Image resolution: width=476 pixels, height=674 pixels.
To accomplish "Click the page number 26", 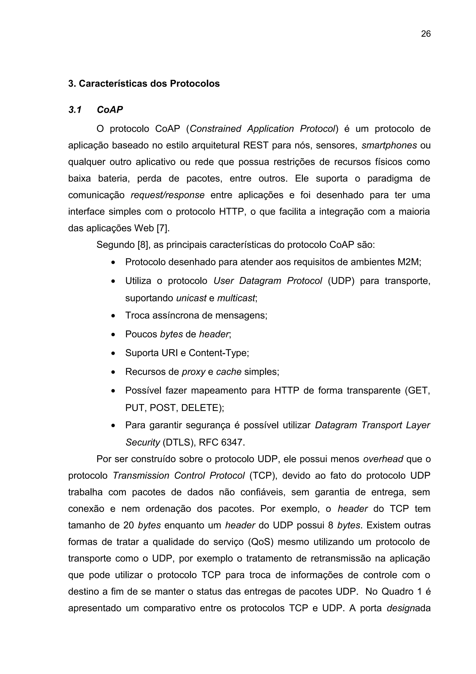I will pyautogui.click(x=426, y=34).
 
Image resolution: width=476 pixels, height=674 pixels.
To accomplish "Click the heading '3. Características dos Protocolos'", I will pyautogui.click(x=144, y=84).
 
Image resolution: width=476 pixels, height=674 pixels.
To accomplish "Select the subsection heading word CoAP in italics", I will pyautogui.click(x=110, y=110).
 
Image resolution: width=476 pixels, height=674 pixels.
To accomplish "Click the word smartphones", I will pyautogui.click(x=389, y=145).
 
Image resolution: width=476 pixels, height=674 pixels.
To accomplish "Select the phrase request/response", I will pyautogui.click(x=168, y=195).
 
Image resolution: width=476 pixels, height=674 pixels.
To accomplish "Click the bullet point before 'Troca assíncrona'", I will pyautogui.click(x=113, y=316).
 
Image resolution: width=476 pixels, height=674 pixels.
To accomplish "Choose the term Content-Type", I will pyautogui.click(x=218, y=353).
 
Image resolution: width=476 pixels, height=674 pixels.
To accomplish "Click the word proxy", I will pyautogui.click(x=193, y=372).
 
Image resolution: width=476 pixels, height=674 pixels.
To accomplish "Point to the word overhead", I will pyautogui.click(x=383, y=459).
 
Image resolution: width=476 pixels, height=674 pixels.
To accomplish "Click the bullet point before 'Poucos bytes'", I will pyautogui.click(x=113, y=335).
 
